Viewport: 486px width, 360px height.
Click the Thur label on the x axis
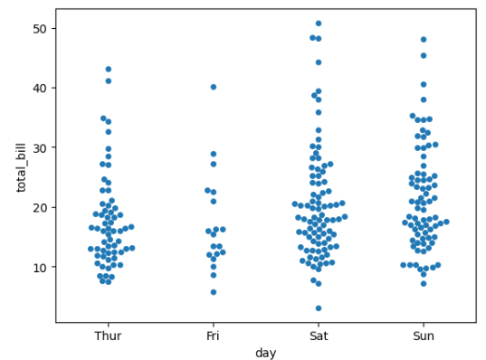pos(108,336)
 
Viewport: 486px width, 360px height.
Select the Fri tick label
pos(213,336)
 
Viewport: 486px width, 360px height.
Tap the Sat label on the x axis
pos(318,336)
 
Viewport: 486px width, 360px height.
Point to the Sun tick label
pos(423,336)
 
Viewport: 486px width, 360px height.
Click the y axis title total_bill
pos(21,166)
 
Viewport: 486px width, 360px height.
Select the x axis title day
pos(265,353)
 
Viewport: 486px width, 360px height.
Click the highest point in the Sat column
pos(319,24)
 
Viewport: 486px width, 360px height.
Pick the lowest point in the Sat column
pos(319,308)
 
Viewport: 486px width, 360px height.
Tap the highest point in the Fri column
pos(214,87)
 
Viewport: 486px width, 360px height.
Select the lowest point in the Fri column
pos(214,292)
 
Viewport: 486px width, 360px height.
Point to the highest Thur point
pos(109,69)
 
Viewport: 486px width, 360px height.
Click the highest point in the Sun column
pos(424,40)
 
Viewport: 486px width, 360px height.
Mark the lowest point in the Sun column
pos(424,284)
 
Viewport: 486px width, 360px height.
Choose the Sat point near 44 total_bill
pos(319,62)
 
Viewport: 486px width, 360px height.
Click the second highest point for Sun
pos(424,55)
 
